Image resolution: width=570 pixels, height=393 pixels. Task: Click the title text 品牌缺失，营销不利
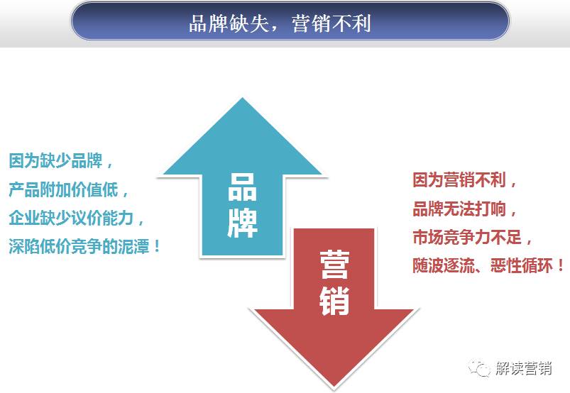coord(279,24)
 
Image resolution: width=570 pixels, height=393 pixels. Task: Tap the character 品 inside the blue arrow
coord(242,189)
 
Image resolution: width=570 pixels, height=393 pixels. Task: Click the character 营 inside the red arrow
coord(334,264)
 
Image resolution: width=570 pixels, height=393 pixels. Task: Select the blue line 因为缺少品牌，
coord(61,160)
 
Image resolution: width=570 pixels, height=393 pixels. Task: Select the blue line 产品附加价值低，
coord(70,189)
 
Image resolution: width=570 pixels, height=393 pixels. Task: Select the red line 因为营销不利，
coord(466,179)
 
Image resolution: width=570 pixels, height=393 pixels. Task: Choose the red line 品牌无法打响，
coord(466,209)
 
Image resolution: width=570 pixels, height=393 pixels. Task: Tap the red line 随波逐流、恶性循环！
coord(489,266)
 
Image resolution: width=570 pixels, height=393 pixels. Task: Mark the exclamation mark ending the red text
coord(561,266)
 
